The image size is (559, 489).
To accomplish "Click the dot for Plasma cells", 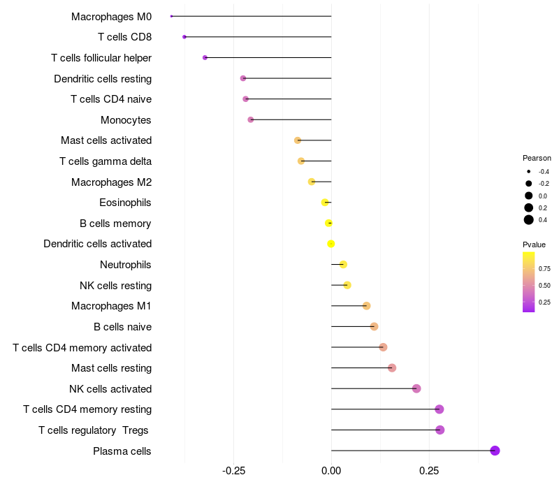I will (x=495, y=451).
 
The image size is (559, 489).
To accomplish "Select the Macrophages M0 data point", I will (x=171, y=16).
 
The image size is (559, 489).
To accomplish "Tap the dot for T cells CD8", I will (x=184, y=37).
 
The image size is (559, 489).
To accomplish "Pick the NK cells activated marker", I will (x=416, y=388).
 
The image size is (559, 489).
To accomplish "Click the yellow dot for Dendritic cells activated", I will (x=331, y=244).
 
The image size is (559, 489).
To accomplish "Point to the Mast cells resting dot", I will (x=392, y=368).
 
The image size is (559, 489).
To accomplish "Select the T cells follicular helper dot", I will (x=205, y=57).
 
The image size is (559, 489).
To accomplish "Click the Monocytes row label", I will (x=126, y=120).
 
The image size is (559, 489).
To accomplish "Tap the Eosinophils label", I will (x=125, y=203).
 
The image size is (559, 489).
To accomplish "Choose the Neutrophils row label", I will (x=126, y=265).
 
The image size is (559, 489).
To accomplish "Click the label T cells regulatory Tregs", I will (x=94, y=430).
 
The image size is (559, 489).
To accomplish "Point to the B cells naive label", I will (x=122, y=327).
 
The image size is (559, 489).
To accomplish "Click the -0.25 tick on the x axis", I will (x=233, y=471).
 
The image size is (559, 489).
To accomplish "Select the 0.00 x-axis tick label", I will (x=331, y=471).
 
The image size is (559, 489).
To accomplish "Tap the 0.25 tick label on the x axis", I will (x=429, y=471).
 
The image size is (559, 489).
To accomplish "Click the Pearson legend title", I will (x=537, y=158).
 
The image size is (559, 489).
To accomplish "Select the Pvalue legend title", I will (x=534, y=245).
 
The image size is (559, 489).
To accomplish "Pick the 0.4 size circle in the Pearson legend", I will (x=529, y=220).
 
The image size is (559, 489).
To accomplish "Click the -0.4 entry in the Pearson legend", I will (x=529, y=171).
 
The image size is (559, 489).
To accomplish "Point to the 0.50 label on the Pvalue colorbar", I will (x=544, y=285).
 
